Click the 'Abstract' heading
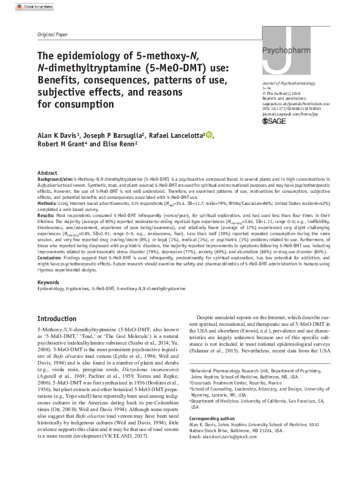click(x=48, y=173)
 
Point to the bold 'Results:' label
click(x=48, y=215)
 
